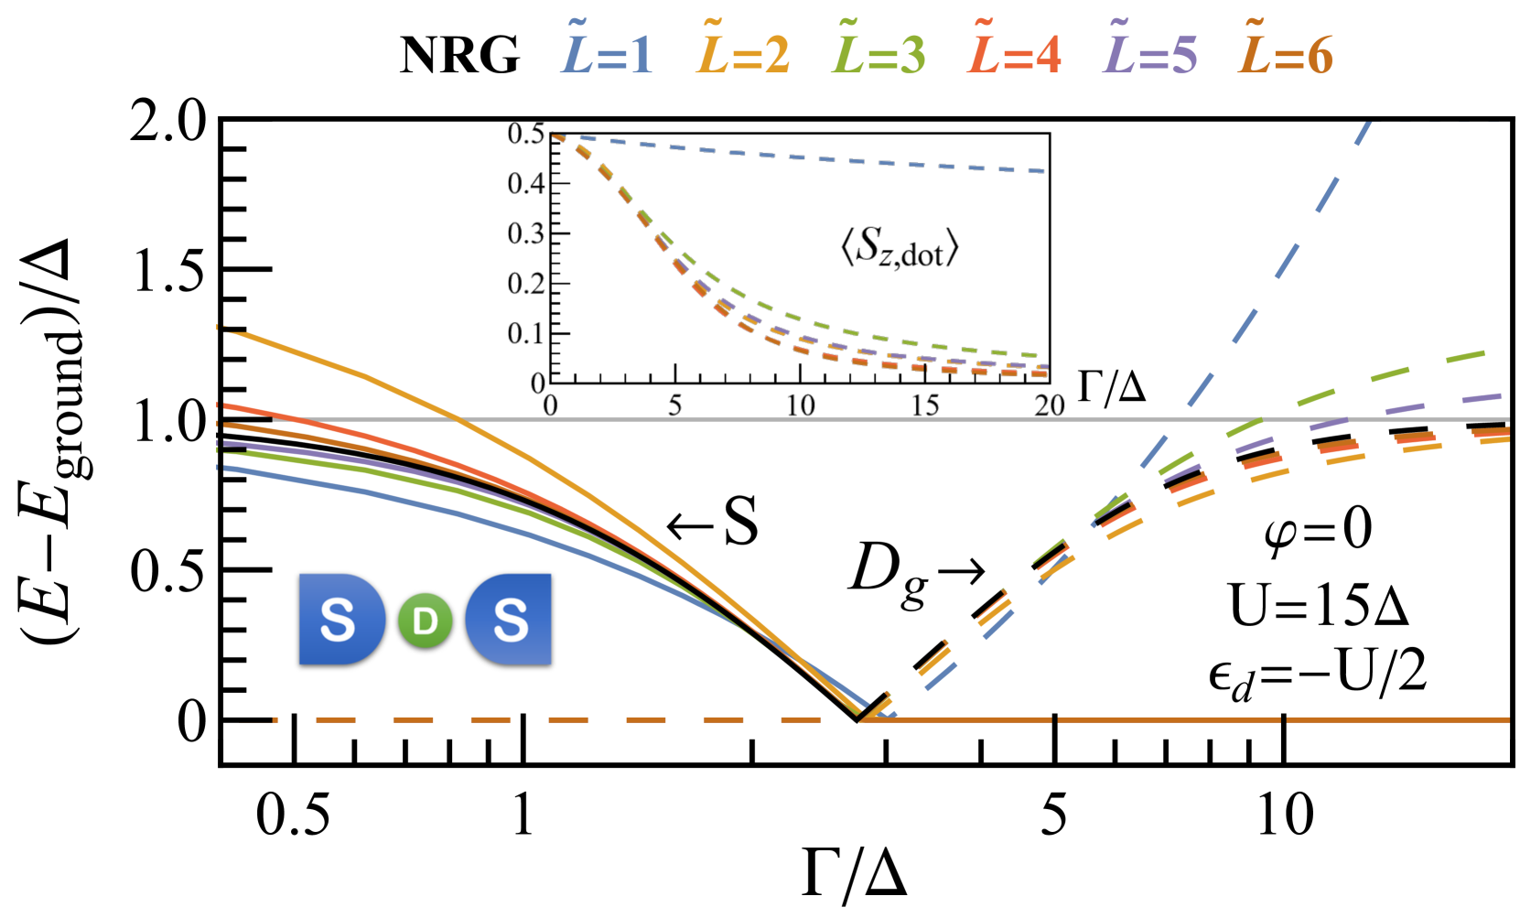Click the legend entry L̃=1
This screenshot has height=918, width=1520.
click(607, 55)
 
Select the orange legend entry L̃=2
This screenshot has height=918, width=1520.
click(743, 55)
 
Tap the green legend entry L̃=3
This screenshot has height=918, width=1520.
click(879, 55)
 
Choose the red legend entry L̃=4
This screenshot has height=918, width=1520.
click(1014, 55)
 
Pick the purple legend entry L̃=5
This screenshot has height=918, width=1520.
click(1149, 55)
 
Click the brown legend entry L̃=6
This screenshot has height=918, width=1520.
click(1285, 55)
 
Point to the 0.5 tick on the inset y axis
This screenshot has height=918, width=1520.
click(526, 134)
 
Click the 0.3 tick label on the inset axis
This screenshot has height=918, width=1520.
click(526, 233)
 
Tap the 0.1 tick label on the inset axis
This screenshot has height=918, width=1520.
click(526, 333)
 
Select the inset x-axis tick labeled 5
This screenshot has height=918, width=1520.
click(674, 405)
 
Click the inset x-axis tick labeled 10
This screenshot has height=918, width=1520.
click(801, 405)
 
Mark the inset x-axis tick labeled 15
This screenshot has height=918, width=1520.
click(925, 405)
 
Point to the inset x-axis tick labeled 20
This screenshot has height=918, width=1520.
click(1050, 405)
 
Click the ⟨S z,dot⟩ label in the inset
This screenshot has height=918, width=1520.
click(900, 249)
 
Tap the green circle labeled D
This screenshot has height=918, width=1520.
click(426, 621)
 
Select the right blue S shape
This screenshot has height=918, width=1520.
click(509, 619)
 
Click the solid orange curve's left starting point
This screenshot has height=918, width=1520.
click(220, 328)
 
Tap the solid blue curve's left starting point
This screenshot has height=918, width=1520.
click(220, 468)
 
